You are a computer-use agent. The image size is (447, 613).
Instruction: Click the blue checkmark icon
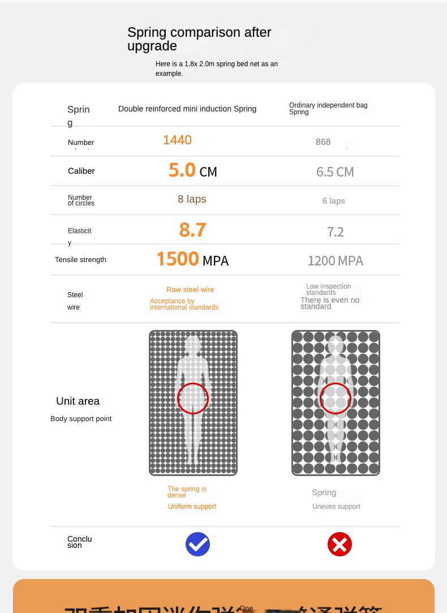click(197, 545)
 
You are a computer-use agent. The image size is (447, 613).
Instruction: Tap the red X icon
click(339, 545)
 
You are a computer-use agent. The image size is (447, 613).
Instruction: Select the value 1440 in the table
click(177, 140)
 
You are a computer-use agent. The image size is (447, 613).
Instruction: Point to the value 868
click(323, 142)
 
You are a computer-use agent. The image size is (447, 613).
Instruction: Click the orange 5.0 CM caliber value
click(192, 170)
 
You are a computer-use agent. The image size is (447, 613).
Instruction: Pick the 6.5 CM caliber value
click(335, 172)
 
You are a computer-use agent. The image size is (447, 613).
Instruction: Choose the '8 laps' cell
click(192, 199)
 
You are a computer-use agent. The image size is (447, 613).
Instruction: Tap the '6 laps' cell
click(333, 201)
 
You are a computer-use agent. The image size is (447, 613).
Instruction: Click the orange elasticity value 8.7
click(192, 230)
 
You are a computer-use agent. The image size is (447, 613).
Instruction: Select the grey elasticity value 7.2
click(335, 232)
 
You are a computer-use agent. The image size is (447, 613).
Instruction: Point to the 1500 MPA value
click(192, 260)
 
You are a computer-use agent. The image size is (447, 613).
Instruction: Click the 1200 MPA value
click(335, 261)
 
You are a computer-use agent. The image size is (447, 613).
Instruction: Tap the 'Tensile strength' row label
click(80, 260)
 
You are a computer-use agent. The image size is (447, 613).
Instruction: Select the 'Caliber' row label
click(81, 171)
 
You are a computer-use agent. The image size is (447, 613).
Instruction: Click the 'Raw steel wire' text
click(190, 290)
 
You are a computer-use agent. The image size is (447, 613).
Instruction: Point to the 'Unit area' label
click(78, 401)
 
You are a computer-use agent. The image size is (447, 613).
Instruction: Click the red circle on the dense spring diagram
click(193, 398)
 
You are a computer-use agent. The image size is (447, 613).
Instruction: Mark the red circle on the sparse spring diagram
click(336, 398)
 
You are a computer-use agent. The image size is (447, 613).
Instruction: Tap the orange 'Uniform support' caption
click(192, 507)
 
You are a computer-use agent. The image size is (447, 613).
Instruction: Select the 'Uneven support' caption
click(336, 507)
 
